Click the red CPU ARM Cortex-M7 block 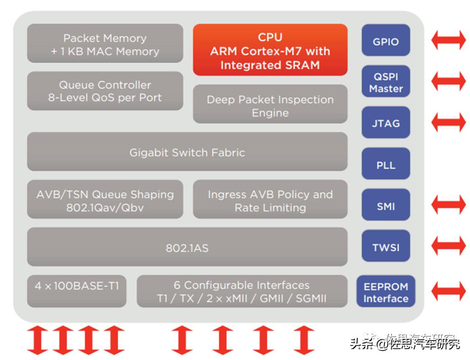pyautogui.click(x=270, y=50)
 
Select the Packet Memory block pyautogui.click(x=105, y=44)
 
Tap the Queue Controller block pyautogui.click(x=105, y=91)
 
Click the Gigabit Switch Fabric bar pyautogui.click(x=187, y=152)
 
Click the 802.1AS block pyautogui.click(x=187, y=247)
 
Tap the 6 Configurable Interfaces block pyautogui.click(x=242, y=291)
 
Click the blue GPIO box pyautogui.click(x=386, y=41)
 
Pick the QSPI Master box pyautogui.click(x=386, y=82)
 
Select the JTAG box pyautogui.click(x=386, y=123)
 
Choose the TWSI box pyautogui.click(x=386, y=246)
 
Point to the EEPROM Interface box pyautogui.click(x=386, y=292)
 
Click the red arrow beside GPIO pyautogui.click(x=448, y=40)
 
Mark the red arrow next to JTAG pyautogui.click(x=448, y=122)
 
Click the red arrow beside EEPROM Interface pyautogui.click(x=448, y=291)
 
